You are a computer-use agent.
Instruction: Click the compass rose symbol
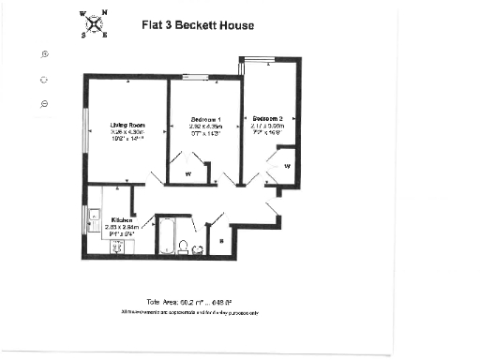point(94,24)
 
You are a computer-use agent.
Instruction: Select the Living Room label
point(127,125)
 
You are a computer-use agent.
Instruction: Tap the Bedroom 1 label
point(205,120)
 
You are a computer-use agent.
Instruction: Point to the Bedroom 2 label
point(268,118)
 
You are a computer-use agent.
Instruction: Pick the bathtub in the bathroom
point(169,236)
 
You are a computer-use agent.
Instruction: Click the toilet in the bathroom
point(185,247)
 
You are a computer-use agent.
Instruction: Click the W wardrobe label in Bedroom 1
point(187,174)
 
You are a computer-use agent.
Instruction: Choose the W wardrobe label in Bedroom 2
point(287,166)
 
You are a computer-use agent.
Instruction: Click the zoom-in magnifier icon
point(44,53)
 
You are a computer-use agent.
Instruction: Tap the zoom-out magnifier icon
point(44,102)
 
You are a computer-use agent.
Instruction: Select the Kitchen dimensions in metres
point(122,226)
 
